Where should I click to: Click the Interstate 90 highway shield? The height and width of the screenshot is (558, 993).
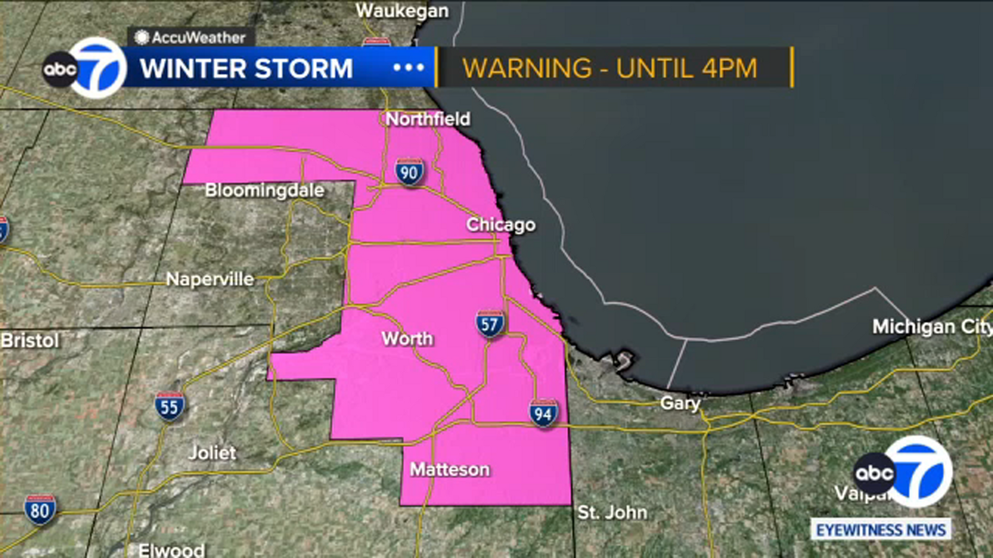(409, 172)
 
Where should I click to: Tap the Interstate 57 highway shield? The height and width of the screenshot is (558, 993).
(490, 324)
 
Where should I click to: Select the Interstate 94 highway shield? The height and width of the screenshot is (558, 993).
(543, 414)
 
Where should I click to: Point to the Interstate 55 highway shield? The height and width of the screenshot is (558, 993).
(169, 407)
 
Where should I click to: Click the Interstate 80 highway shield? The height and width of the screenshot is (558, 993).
(40, 510)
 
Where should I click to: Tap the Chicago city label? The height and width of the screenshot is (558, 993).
(501, 224)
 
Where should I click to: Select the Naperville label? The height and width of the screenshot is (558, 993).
(210, 279)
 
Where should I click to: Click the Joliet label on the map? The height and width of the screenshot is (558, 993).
(212, 453)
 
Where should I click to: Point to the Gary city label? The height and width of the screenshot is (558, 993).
(680, 403)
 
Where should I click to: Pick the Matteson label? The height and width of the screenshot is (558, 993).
(450, 469)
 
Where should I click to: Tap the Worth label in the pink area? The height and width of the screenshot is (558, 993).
(407, 339)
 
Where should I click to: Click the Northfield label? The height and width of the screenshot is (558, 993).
(428, 118)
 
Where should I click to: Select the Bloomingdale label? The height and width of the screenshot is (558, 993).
(264, 190)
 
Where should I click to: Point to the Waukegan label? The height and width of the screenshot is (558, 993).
(402, 11)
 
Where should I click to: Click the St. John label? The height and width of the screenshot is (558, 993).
(612, 512)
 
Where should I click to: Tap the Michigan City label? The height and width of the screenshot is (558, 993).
(931, 326)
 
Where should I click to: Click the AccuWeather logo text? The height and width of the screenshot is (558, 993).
(198, 37)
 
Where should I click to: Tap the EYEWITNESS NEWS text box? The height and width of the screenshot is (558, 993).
(881, 530)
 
